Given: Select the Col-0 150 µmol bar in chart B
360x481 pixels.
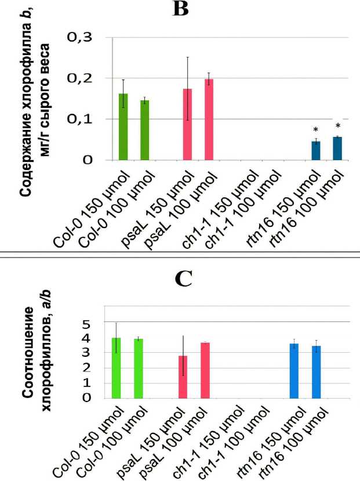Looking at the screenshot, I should (x=123, y=126).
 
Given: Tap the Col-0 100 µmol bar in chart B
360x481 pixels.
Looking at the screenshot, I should (x=144, y=129).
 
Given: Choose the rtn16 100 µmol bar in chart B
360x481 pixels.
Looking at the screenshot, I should (x=337, y=148).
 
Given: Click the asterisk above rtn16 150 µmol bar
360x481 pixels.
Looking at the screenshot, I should (x=316, y=130).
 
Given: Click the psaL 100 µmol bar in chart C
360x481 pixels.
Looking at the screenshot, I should (x=205, y=370).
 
